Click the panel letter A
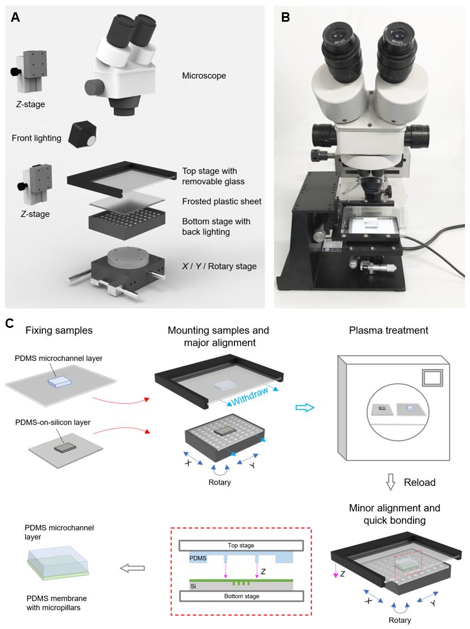tap(15, 17)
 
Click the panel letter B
tap(285, 17)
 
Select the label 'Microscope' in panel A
tap(204, 75)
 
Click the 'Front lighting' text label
tap(36, 138)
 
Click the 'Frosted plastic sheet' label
tap(221, 201)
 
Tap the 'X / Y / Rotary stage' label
tap(219, 266)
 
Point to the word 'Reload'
tap(420, 482)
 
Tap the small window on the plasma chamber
tap(433, 379)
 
